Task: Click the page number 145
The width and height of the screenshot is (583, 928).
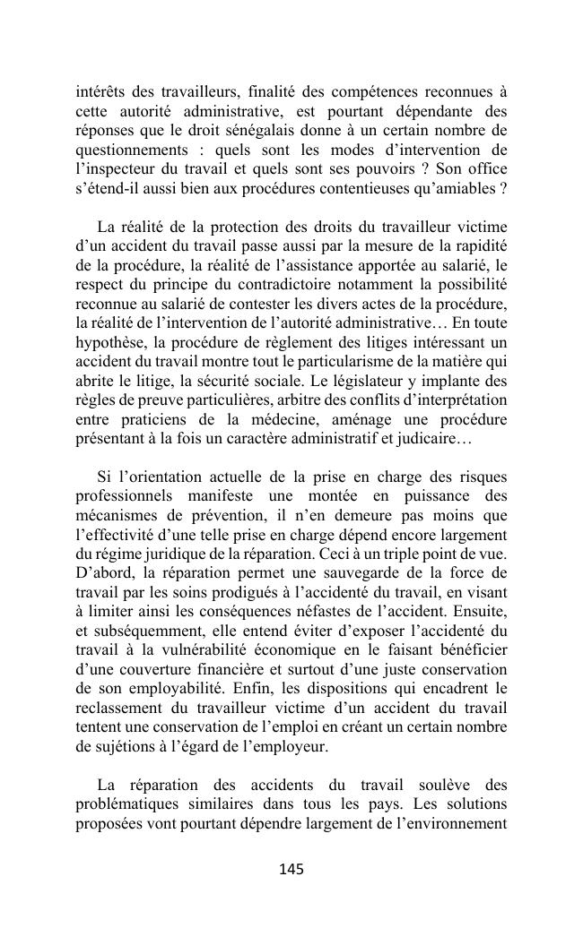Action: click(291, 870)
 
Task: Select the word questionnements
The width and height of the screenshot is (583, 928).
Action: click(131, 150)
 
